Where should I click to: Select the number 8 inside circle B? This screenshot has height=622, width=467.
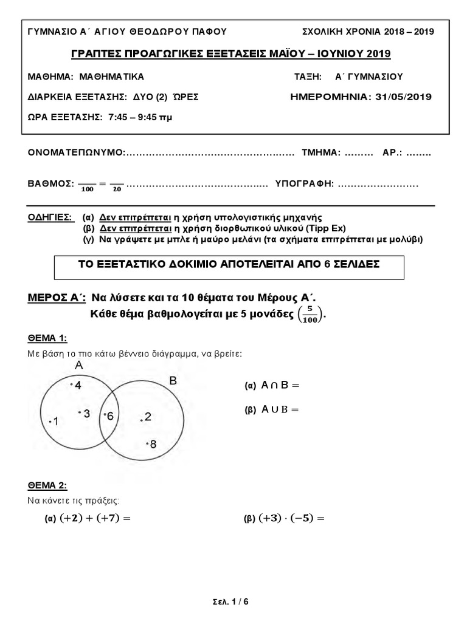(153, 444)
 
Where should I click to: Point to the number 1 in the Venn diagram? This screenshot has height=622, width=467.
(55, 422)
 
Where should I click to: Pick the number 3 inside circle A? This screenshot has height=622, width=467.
(86, 414)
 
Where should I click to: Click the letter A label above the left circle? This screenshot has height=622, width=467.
(78, 366)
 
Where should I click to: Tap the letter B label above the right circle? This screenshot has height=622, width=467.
(173, 381)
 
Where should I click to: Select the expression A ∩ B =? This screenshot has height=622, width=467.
(280, 385)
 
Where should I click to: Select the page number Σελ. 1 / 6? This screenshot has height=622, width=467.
(233, 602)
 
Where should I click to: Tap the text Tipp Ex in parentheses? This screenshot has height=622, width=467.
(328, 228)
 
